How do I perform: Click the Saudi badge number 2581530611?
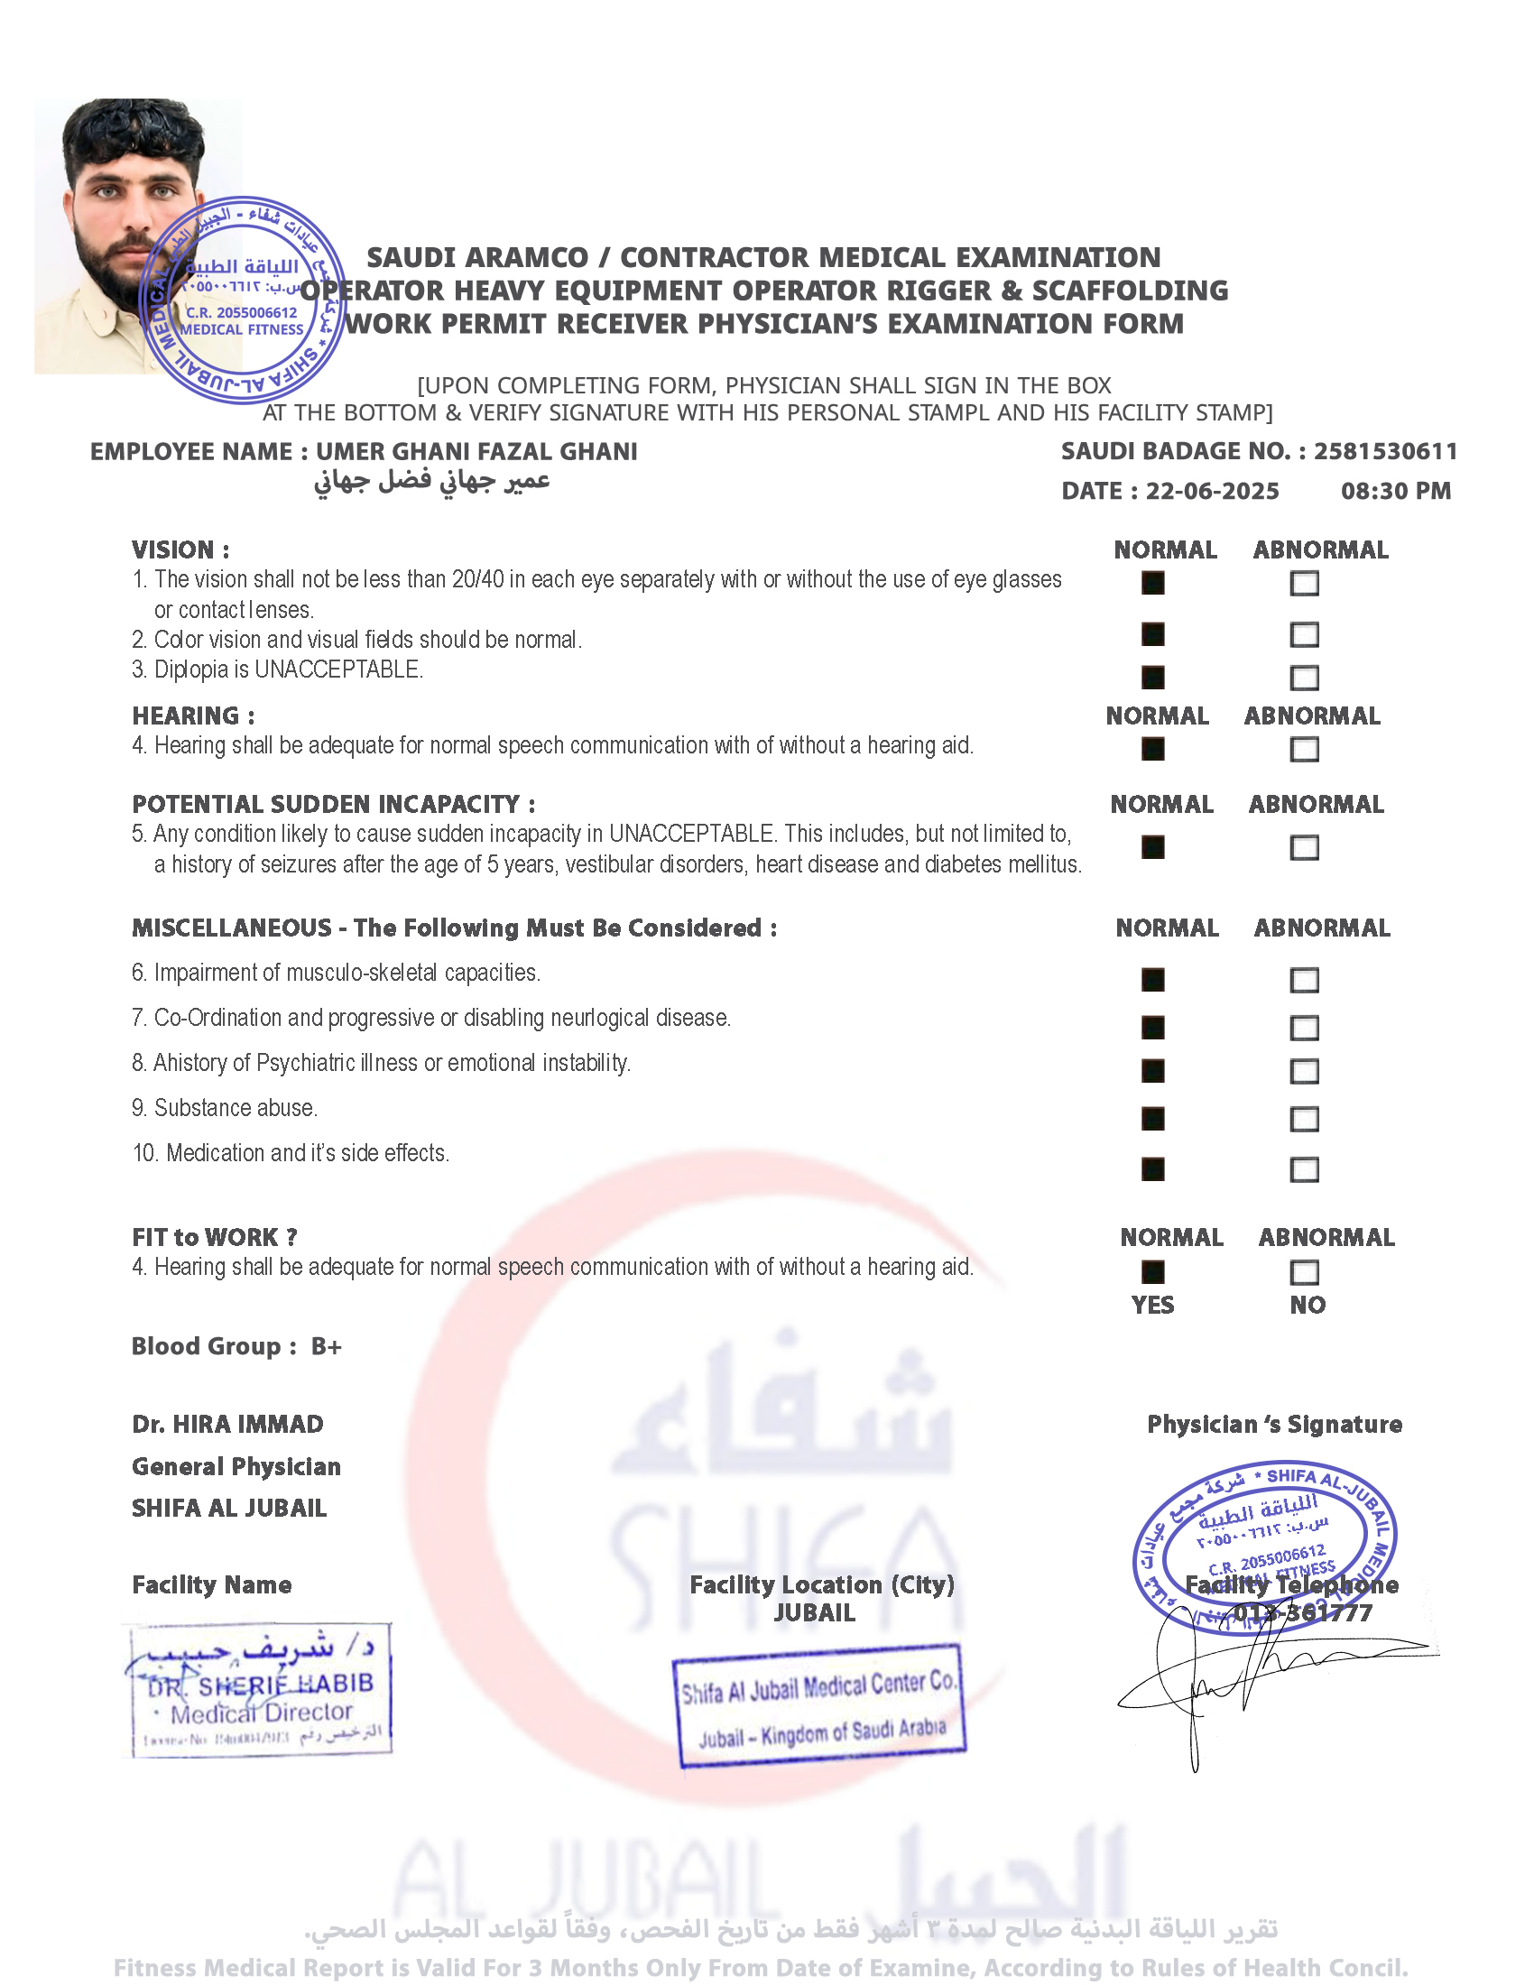1385,452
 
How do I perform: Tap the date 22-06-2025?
1212,492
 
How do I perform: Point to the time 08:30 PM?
1395,492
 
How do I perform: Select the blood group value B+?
327,1346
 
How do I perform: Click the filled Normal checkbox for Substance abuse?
1152,1119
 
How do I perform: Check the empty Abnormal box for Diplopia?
1304,678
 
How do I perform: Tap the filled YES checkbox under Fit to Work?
1152,1272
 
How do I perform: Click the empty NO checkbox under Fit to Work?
1304,1272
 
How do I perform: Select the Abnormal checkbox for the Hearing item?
1304,750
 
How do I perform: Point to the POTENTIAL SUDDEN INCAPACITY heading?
334,804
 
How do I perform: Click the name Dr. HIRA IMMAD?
227,1424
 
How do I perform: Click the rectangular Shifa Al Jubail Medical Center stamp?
818,1706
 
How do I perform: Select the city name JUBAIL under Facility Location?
814,1613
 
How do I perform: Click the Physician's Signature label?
1274,1424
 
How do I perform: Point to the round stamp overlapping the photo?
243,300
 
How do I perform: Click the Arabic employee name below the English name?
431,481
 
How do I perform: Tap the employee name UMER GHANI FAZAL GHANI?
476,452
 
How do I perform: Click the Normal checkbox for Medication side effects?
1152,1168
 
